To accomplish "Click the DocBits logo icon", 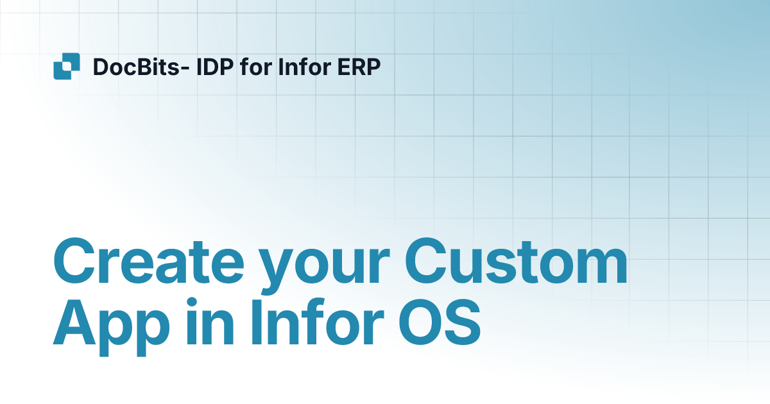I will click(67, 66).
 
